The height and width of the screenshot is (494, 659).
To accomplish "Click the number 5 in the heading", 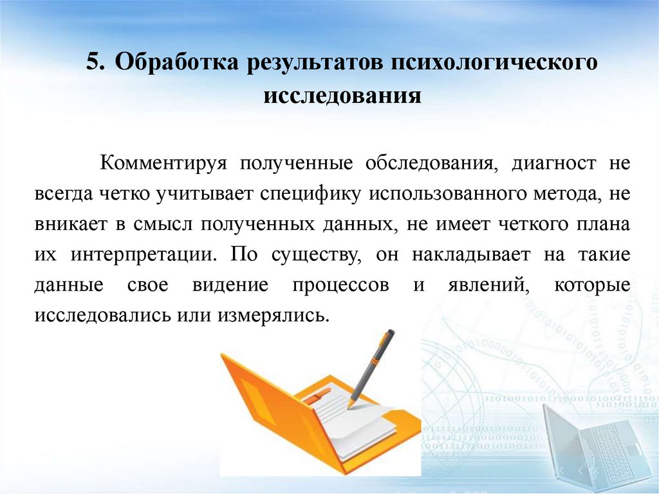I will tap(95, 64).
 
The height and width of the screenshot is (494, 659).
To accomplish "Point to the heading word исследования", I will tap(342, 97).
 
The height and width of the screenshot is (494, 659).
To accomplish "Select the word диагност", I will tap(554, 164).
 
